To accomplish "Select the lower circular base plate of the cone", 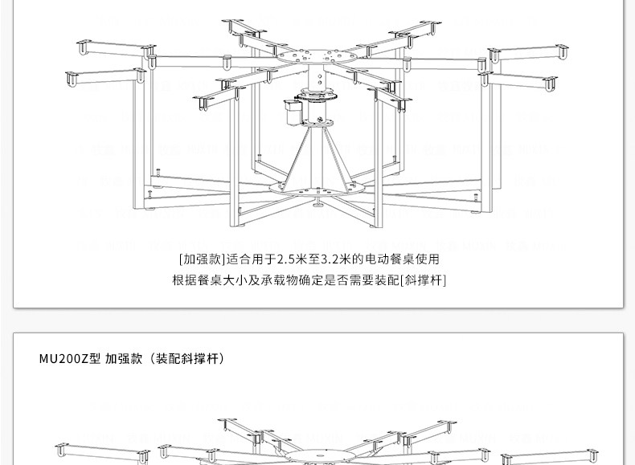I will click(317, 190).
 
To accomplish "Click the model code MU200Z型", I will click(69, 359).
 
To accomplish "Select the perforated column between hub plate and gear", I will click(317, 79).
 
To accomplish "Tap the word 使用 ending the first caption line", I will click(428, 259).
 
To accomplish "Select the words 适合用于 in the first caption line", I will click(251, 259).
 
